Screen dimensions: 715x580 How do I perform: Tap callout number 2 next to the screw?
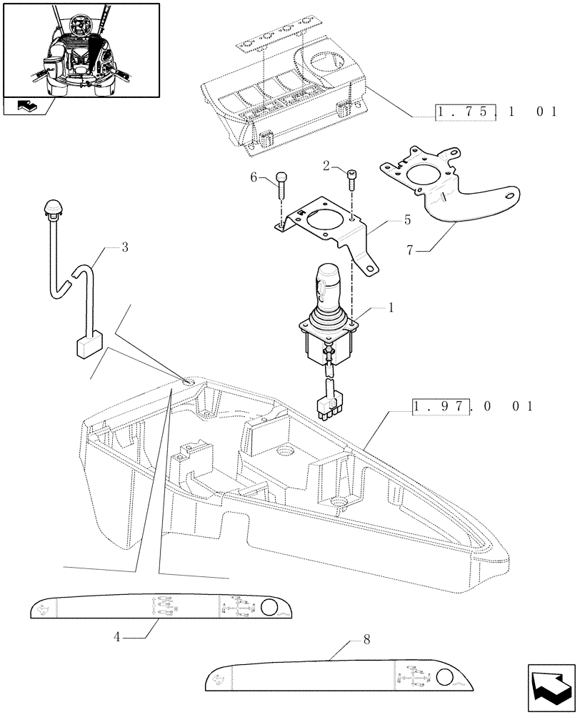pyautogui.click(x=326, y=167)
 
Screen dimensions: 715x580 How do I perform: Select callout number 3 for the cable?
pyautogui.click(x=124, y=248)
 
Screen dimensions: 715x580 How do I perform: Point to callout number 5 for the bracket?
pyautogui.click(x=407, y=220)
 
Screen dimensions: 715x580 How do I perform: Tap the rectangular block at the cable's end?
pyautogui.click(x=91, y=347)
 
